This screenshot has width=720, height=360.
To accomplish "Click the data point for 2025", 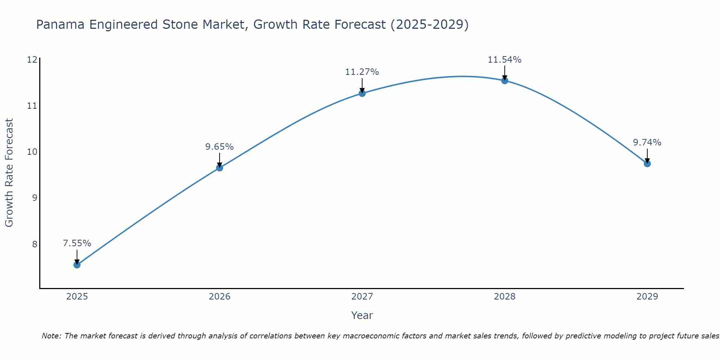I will click(x=77, y=265).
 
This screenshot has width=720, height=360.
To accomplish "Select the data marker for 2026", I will click(x=220, y=168).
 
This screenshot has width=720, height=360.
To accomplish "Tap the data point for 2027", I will click(x=362, y=93).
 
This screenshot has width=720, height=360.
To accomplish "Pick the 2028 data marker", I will click(x=505, y=81).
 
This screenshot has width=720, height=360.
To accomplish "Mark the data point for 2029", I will click(x=647, y=163).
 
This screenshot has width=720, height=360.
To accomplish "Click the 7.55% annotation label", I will click(x=77, y=243).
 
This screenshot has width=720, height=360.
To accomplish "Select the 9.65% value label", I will click(x=220, y=147).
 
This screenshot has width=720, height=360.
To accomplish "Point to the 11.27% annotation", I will click(x=362, y=72).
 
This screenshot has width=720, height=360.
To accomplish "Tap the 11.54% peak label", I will click(x=505, y=60).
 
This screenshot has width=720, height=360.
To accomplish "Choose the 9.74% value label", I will click(x=647, y=143).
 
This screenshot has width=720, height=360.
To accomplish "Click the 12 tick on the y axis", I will click(x=32, y=59).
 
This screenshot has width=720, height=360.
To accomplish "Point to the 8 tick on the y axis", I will click(x=35, y=244).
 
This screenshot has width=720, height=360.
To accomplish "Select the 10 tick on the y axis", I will click(x=32, y=152).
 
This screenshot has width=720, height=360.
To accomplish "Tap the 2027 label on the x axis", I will click(x=362, y=297).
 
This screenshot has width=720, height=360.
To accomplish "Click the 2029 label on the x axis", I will click(x=647, y=297).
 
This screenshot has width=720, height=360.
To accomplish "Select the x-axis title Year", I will click(x=362, y=315).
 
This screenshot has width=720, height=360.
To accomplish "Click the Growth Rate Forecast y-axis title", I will click(x=9, y=173).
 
